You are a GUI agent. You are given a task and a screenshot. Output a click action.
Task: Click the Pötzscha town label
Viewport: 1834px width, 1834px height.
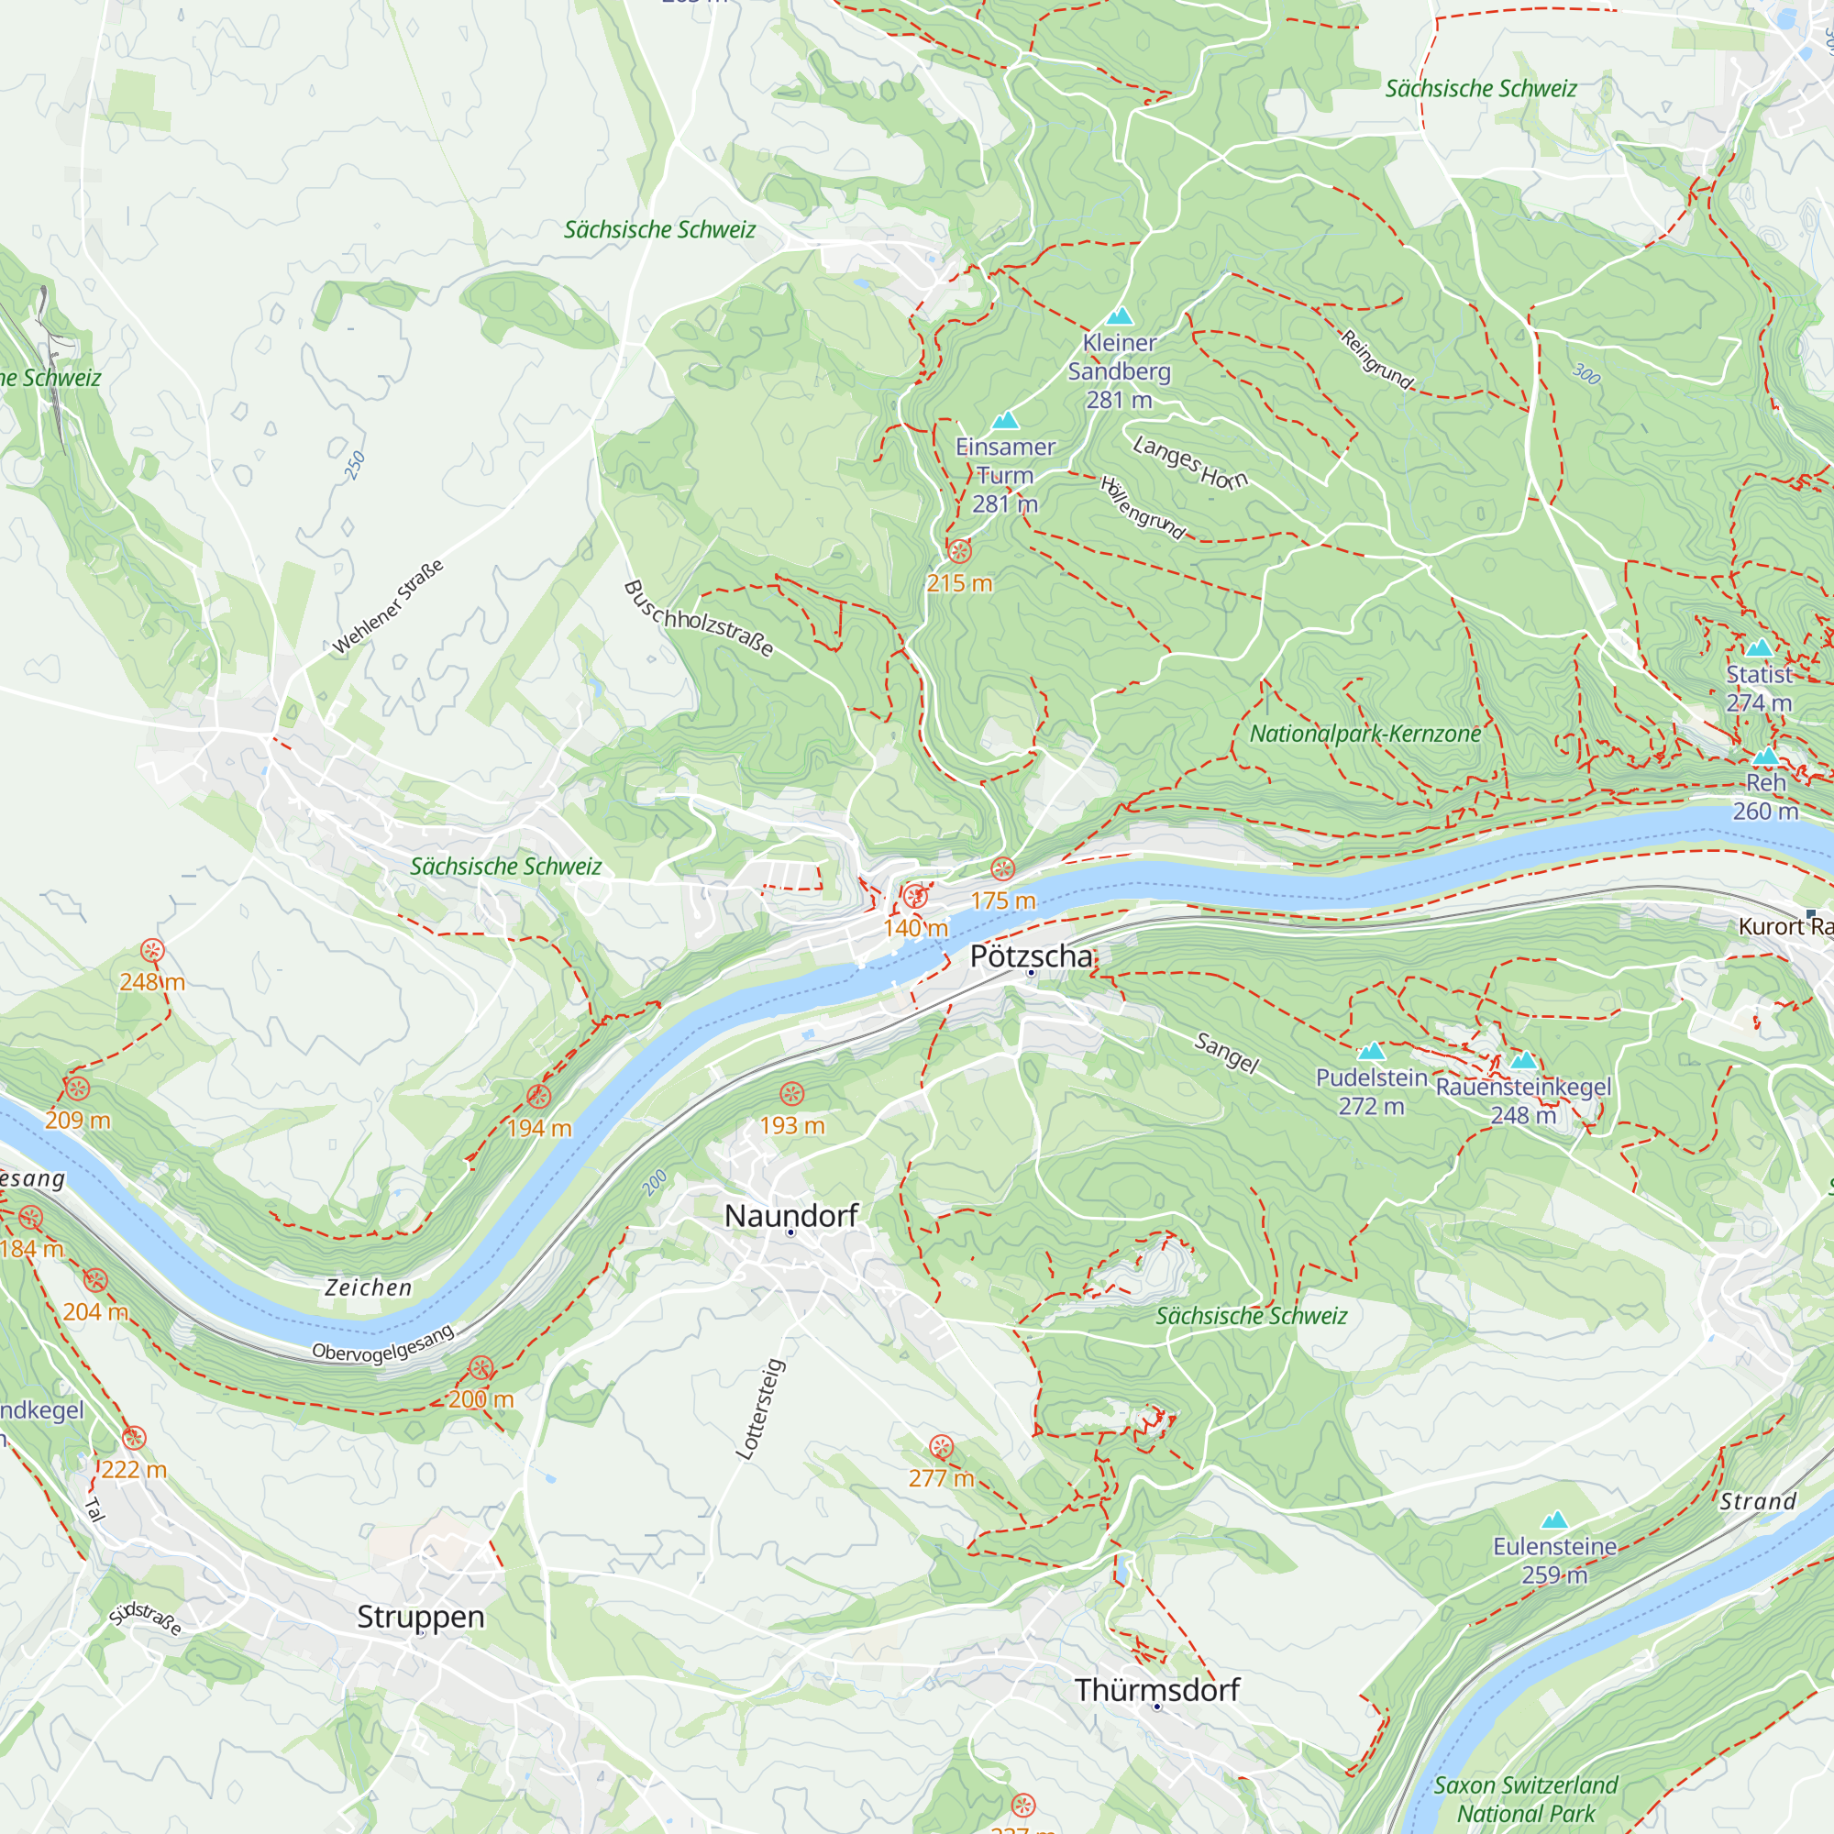(x=1031, y=956)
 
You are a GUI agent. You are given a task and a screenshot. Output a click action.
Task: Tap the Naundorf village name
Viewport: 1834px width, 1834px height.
(x=790, y=1215)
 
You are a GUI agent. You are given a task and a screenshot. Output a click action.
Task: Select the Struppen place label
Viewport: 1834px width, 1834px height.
(x=421, y=1617)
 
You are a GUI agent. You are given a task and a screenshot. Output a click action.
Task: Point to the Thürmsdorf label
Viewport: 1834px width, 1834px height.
(x=1157, y=1690)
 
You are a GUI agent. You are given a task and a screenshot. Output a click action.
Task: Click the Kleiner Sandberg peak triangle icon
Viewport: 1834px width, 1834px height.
(x=1121, y=316)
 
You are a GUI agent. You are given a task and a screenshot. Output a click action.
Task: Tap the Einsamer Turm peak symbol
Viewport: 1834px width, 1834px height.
(x=1005, y=421)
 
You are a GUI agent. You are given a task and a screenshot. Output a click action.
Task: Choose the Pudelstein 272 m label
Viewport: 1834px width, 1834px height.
(x=1371, y=1091)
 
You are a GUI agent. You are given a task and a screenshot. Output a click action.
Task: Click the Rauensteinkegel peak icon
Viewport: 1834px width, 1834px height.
(x=1522, y=1061)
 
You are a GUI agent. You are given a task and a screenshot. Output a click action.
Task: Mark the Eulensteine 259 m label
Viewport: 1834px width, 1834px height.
(x=1554, y=1561)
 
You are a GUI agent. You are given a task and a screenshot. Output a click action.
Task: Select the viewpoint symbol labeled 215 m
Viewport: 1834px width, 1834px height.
(x=960, y=551)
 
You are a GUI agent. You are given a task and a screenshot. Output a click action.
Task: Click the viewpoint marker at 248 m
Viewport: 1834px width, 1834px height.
(x=152, y=950)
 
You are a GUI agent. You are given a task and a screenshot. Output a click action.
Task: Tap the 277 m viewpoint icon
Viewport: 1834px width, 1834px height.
(x=941, y=1447)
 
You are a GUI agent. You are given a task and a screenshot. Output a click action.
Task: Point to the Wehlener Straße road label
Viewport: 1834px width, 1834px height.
(x=387, y=609)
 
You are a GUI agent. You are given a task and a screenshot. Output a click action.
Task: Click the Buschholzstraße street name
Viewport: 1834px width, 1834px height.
(x=699, y=619)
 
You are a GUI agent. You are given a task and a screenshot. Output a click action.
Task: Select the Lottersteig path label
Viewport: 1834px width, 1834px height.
(x=760, y=1409)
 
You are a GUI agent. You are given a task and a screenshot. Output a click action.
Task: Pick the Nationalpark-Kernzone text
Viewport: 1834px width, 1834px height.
(x=1365, y=734)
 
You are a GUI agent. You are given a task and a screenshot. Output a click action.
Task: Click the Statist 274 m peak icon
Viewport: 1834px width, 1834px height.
(x=1759, y=648)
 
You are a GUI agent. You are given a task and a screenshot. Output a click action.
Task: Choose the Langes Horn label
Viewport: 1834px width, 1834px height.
(x=1190, y=463)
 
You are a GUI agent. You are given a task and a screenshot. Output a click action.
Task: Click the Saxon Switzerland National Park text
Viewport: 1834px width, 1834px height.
(x=1526, y=1799)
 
